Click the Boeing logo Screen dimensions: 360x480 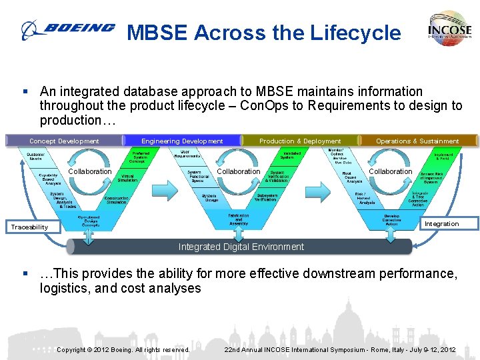pyautogui.click(x=67, y=29)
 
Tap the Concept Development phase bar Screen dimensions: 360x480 pyautogui.click(x=64, y=141)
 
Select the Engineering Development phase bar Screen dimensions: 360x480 pyautogui.click(x=182, y=141)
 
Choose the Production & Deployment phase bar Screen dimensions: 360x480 pyautogui.click(x=300, y=141)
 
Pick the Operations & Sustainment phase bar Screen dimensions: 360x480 pyautogui.click(x=417, y=141)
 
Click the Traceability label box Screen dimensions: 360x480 pyautogui.click(x=30, y=227)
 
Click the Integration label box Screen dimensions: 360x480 pyautogui.click(x=441, y=223)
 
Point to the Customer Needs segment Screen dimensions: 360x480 pyautogui.click(x=36, y=156)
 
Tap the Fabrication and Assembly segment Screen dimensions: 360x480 pyautogui.click(x=239, y=219)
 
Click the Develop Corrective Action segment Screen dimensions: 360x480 pyautogui.click(x=392, y=220)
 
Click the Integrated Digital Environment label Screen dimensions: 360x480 pyautogui.click(x=241, y=247)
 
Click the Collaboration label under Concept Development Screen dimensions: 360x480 pyautogui.click(x=91, y=171)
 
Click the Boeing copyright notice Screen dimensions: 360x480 pyautogui.click(x=123, y=349)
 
